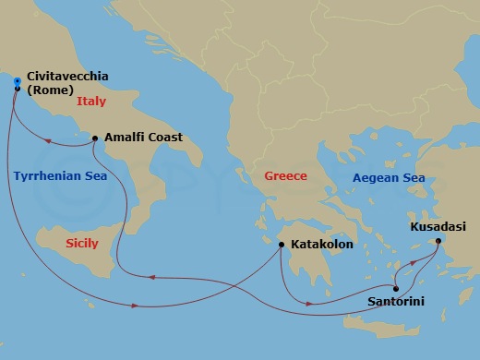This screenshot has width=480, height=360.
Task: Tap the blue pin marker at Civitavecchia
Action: coord(17,83)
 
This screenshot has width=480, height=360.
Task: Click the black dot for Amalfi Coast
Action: coord(95,138)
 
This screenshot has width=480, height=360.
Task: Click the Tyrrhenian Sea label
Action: coord(60,175)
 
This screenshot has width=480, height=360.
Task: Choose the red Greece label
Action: coord(285,175)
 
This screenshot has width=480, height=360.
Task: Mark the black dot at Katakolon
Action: coord(282,245)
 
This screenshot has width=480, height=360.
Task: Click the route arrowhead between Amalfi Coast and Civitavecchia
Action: coord(48,141)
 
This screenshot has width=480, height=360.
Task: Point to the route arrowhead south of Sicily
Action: coord(137,306)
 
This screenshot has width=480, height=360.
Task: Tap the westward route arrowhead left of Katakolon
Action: coord(153,276)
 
